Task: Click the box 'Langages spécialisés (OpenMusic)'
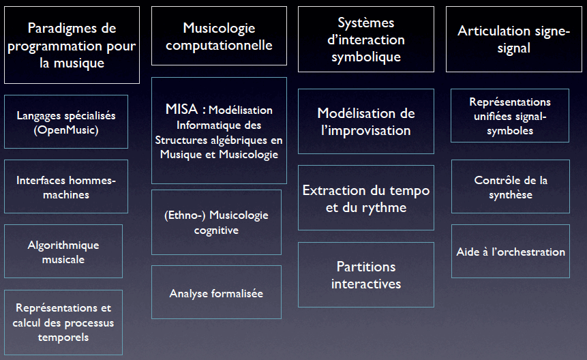(x=66, y=121)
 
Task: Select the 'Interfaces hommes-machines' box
(x=66, y=186)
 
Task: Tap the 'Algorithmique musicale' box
(x=63, y=251)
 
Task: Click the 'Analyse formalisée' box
(x=216, y=292)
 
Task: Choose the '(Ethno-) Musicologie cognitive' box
(x=216, y=222)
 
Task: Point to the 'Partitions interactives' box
(x=366, y=275)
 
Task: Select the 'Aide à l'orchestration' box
(x=511, y=251)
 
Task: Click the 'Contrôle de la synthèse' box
(x=511, y=186)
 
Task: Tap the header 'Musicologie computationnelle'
(x=219, y=36)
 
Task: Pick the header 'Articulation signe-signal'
(x=514, y=39)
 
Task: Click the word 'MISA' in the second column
(x=181, y=109)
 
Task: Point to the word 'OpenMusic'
(x=66, y=130)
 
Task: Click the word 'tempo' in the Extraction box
(x=410, y=191)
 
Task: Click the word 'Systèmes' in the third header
(x=366, y=22)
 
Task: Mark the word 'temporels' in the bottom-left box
(x=63, y=337)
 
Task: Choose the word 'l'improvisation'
(x=366, y=131)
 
